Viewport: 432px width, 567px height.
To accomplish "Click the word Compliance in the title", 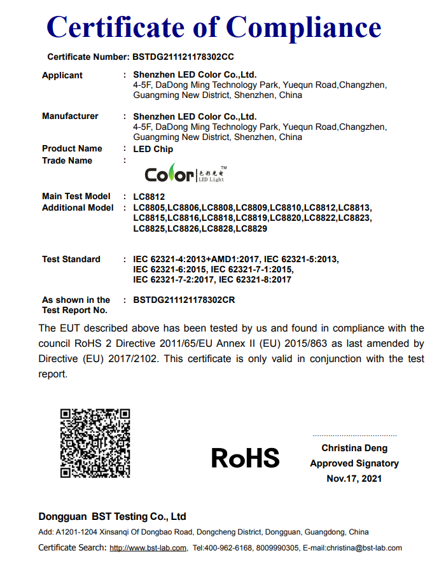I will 303,27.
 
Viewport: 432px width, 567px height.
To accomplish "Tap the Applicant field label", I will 62,75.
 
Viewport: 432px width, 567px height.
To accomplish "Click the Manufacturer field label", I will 70,116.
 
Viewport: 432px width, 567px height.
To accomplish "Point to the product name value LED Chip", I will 153,149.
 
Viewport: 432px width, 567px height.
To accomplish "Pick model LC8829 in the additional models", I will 251,228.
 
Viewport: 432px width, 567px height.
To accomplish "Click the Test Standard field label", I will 71,259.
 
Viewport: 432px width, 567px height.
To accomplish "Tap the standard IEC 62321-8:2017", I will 254,279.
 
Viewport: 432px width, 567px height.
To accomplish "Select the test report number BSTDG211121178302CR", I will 184,300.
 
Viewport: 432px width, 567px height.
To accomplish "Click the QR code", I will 95,444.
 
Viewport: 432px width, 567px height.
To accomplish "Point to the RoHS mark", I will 245,458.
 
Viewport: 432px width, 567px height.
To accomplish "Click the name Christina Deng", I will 354,449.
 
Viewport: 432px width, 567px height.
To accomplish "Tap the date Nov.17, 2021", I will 354,478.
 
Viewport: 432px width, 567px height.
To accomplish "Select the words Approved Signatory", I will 354,463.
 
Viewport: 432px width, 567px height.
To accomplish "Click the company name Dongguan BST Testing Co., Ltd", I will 112,516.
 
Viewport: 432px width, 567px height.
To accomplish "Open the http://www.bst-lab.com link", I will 148,548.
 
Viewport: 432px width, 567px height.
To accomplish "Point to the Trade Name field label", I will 67,160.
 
